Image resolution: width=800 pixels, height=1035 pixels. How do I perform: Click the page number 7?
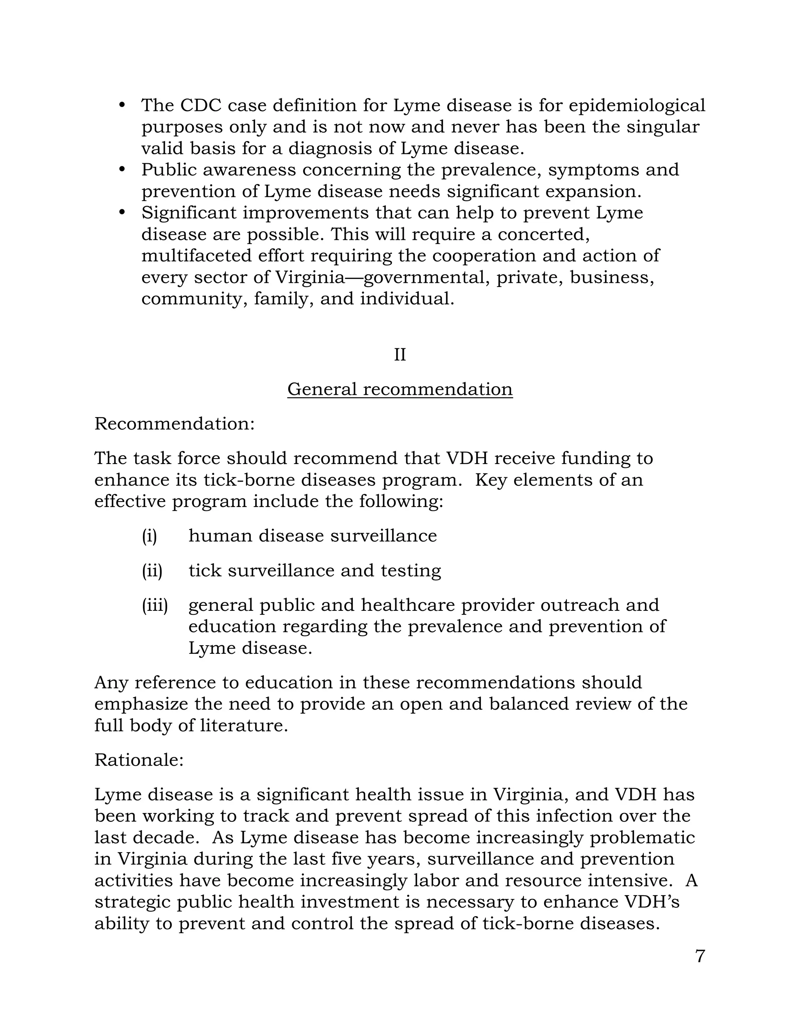700,956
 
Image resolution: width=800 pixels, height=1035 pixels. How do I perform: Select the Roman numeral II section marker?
400,355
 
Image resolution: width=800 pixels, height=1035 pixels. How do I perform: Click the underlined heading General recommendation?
400,389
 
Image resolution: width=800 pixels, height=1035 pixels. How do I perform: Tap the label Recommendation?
174,424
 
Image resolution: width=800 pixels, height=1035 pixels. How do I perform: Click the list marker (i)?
149,536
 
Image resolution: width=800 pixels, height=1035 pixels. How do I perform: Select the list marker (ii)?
152,571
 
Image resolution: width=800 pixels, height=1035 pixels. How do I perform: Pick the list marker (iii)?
155,605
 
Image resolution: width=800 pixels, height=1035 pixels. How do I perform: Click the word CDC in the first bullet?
200,105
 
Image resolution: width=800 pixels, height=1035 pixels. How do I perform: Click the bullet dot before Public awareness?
122,169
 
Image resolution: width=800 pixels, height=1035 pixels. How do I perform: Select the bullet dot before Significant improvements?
122,212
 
